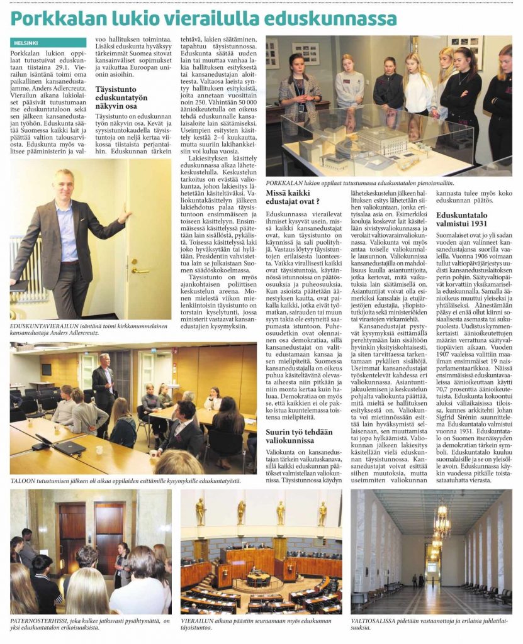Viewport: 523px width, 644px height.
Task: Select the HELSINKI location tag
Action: point(27,43)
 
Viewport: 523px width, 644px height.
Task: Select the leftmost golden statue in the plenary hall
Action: point(200,511)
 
